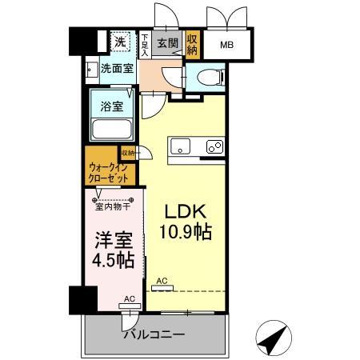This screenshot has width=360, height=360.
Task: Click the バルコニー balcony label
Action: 154,334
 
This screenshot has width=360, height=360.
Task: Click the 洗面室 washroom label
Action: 117,69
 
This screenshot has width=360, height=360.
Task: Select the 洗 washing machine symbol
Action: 118,42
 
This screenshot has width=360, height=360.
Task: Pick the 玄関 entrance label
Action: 167,42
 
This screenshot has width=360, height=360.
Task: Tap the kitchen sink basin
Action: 180,146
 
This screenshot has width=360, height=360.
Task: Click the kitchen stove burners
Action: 214,146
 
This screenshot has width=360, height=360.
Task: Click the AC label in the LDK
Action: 162,280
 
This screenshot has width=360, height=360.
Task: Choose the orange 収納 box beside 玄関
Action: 192,42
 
